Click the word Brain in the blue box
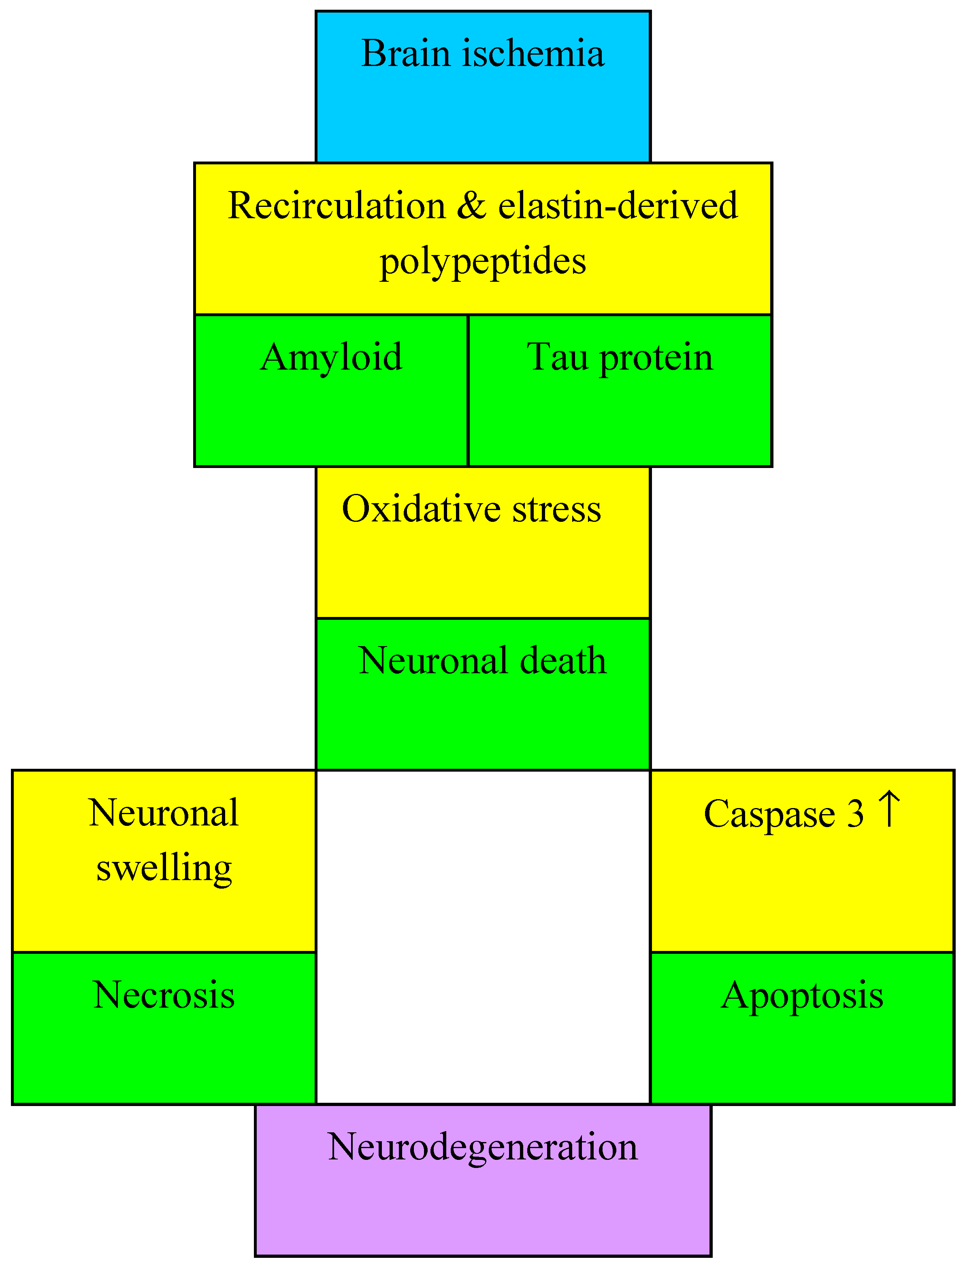(x=405, y=53)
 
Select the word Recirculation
(x=337, y=205)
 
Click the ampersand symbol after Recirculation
(x=472, y=205)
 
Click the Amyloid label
(x=331, y=357)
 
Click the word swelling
(x=164, y=868)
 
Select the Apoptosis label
(x=802, y=996)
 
